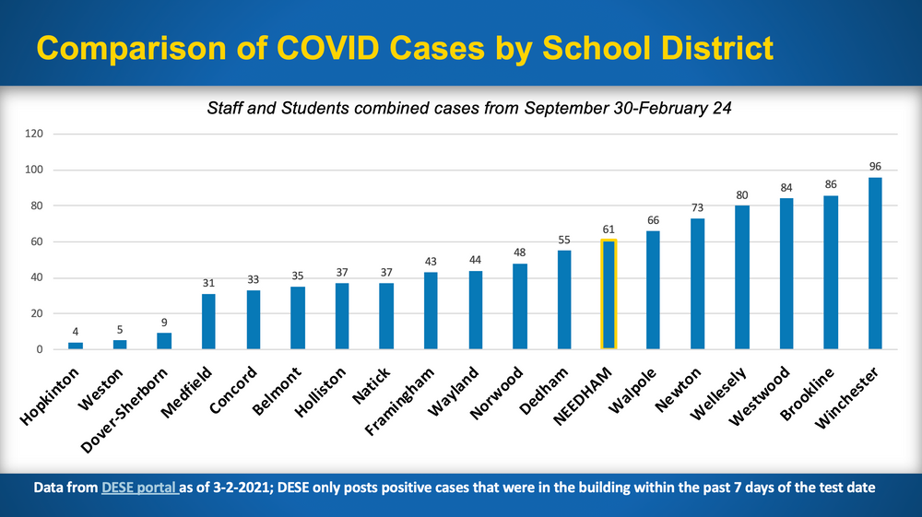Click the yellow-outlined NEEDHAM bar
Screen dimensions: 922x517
click(609, 294)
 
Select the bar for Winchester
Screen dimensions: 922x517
click(875, 264)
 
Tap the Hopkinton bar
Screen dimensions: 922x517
click(76, 346)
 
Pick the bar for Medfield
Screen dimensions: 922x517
click(208, 322)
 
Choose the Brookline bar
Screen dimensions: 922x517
click(831, 273)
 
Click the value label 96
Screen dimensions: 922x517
click(875, 166)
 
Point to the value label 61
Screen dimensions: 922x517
click(609, 229)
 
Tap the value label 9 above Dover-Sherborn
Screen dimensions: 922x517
click(164, 323)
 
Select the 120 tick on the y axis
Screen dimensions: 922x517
click(34, 134)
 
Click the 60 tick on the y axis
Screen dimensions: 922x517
click(37, 241)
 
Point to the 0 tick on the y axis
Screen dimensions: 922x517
click(40, 349)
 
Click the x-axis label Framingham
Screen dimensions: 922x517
click(400, 401)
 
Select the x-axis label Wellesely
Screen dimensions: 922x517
click(718, 393)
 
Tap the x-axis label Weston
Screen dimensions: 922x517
click(100, 390)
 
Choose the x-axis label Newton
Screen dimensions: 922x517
click(679, 390)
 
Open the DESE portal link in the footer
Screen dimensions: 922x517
click(140, 488)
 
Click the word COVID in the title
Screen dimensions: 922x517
click(327, 48)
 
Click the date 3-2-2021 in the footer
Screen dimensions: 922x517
click(242, 488)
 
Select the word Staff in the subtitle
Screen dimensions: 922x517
click(225, 108)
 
